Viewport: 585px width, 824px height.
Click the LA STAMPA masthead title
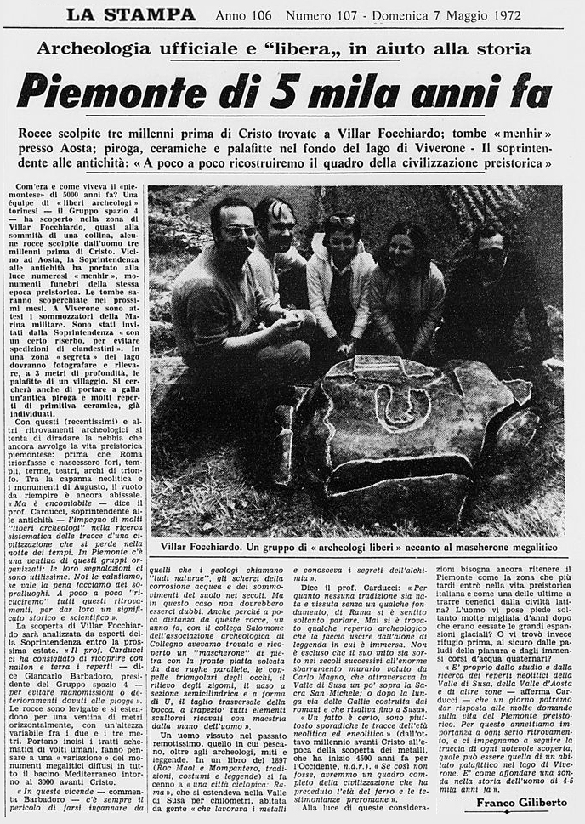[131, 14]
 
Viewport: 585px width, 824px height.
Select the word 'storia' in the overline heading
[501, 49]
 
